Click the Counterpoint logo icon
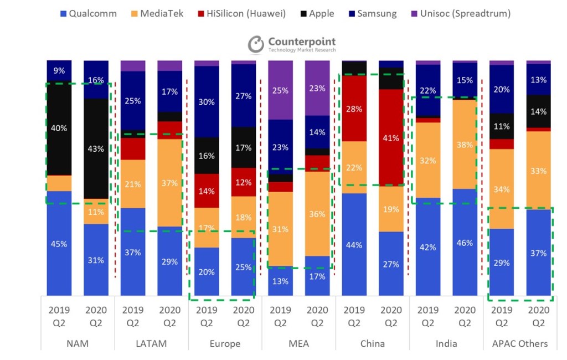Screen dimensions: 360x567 [x=256, y=45]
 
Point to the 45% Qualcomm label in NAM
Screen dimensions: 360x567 [x=59, y=244]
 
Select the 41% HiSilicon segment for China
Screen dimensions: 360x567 [x=391, y=138]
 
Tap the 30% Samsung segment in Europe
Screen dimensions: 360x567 [x=207, y=102]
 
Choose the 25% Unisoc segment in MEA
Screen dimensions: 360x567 [x=280, y=90]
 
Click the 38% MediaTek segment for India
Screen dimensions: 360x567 [x=465, y=145]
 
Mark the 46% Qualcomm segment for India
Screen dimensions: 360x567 [x=465, y=243]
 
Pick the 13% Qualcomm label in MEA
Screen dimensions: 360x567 [x=280, y=281]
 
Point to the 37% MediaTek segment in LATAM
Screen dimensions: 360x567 [x=169, y=183]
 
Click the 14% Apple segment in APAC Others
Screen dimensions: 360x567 [x=538, y=111]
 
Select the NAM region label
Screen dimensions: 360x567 [x=78, y=343]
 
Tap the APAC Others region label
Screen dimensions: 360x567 [x=520, y=343]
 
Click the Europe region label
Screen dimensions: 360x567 [x=225, y=343]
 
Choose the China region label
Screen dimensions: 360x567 [x=373, y=343]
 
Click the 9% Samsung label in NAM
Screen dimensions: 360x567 [x=59, y=70]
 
